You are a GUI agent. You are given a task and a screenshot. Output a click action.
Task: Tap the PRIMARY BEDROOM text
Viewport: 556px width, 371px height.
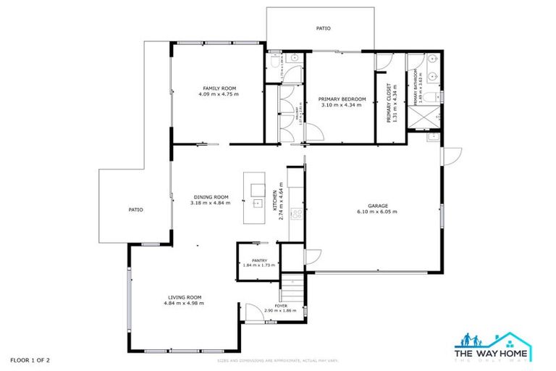342,99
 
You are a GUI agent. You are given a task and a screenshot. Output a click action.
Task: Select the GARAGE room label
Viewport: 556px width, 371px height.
376,206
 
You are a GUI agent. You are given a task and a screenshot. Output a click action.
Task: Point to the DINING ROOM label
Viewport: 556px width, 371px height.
210,196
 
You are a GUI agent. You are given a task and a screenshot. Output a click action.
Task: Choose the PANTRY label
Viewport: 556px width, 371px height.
259,261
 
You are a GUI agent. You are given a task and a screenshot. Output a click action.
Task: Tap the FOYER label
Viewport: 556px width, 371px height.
281,306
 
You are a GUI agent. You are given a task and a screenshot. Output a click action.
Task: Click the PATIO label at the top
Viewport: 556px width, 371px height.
323,28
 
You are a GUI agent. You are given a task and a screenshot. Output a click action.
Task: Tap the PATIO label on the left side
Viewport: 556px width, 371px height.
135,209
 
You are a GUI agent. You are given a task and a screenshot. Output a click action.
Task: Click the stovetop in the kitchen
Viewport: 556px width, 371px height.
295,214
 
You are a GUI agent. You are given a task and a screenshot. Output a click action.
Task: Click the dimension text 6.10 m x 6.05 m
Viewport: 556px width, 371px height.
376,212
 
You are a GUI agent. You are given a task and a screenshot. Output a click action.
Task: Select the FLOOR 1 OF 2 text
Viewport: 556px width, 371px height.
30,359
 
